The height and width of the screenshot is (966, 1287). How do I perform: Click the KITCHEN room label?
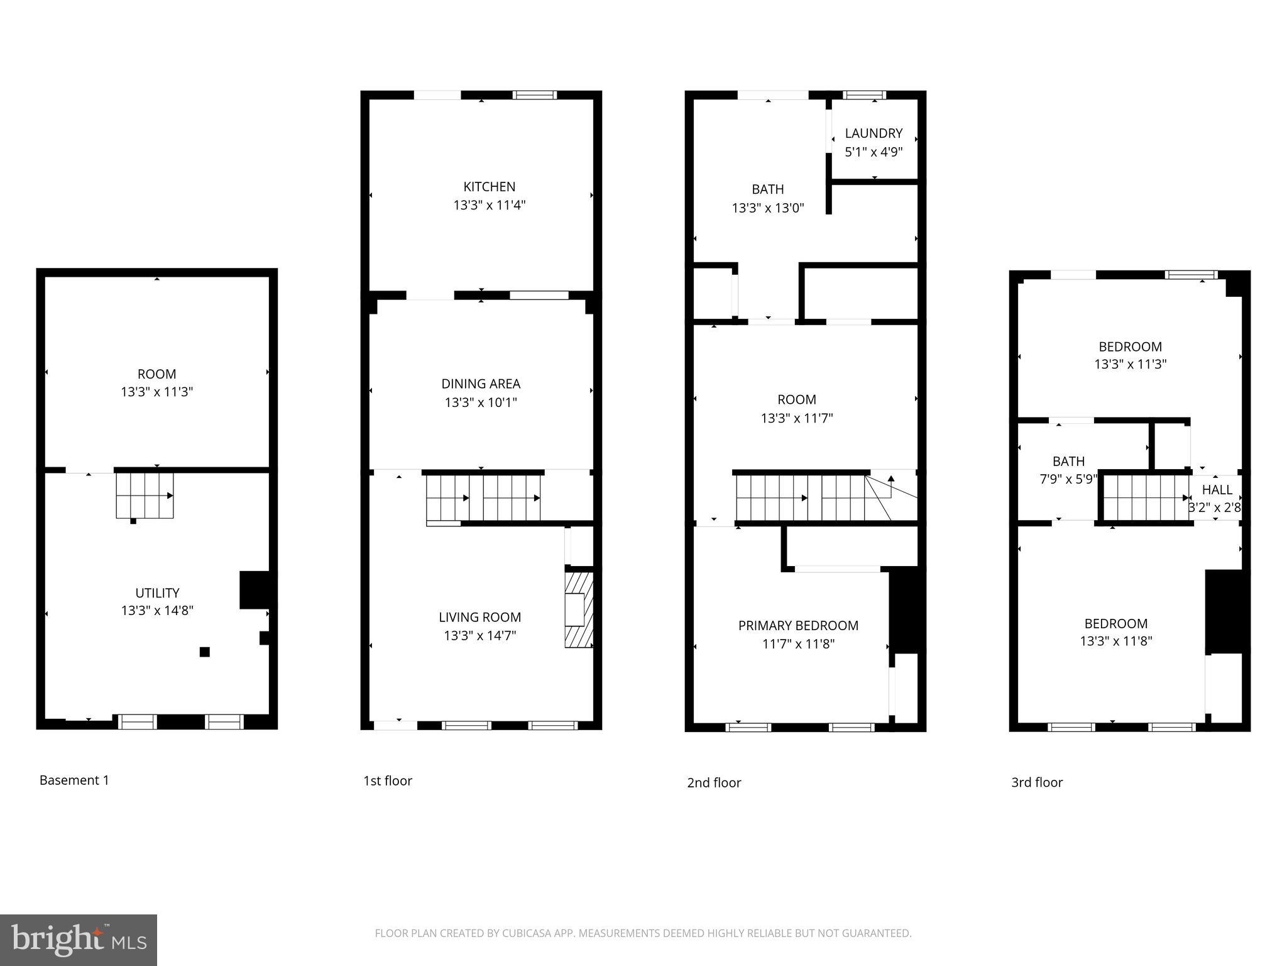tap(489, 187)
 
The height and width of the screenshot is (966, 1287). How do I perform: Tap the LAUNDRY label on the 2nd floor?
tap(874, 133)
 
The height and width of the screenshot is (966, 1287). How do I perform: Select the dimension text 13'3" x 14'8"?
tap(157, 611)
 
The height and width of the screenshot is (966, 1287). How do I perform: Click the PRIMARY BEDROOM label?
tap(798, 626)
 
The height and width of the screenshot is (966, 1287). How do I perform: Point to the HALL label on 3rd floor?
tap(1217, 490)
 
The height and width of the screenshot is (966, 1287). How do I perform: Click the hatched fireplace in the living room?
tap(579, 609)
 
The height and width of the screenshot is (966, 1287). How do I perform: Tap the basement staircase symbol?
tap(145, 496)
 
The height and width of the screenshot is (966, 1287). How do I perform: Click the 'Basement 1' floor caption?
tap(74, 780)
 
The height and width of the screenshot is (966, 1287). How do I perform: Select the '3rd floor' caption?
tap(1037, 782)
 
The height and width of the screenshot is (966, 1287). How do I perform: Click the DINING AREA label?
tap(481, 384)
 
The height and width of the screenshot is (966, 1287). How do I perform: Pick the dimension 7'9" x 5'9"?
tap(1068, 479)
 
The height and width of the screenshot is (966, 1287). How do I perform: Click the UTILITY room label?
tap(157, 593)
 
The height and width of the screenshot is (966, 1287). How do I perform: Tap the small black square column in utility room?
tap(204, 652)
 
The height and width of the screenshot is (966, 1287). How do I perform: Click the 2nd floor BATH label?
tap(767, 189)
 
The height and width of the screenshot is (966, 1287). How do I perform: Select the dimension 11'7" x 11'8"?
tap(798, 644)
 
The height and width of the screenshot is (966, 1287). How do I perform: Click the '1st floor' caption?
tap(388, 781)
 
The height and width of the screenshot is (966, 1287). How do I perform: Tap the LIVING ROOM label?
tap(480, 618)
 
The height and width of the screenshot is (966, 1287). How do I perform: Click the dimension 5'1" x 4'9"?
tap(874, 152)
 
